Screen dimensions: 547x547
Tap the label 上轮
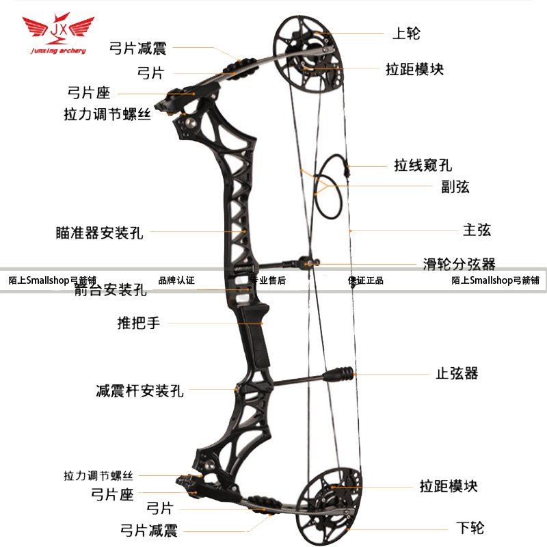pos(406,32)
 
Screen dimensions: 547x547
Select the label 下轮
pos(470,527)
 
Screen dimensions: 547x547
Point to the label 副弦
pos(455,187)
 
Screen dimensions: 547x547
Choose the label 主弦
pos(477,230)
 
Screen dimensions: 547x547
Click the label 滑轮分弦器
pos(458,263)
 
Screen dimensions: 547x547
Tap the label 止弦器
pos(457,373)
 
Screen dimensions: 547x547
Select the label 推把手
pos(139,323)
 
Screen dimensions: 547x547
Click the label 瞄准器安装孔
pos(99,232)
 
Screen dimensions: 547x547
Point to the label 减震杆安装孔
pos(139,391)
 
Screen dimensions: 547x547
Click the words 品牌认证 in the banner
pos(176,280)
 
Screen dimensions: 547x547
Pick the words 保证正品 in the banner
pos(366,280)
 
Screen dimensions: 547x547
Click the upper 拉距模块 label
pos(415,69)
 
